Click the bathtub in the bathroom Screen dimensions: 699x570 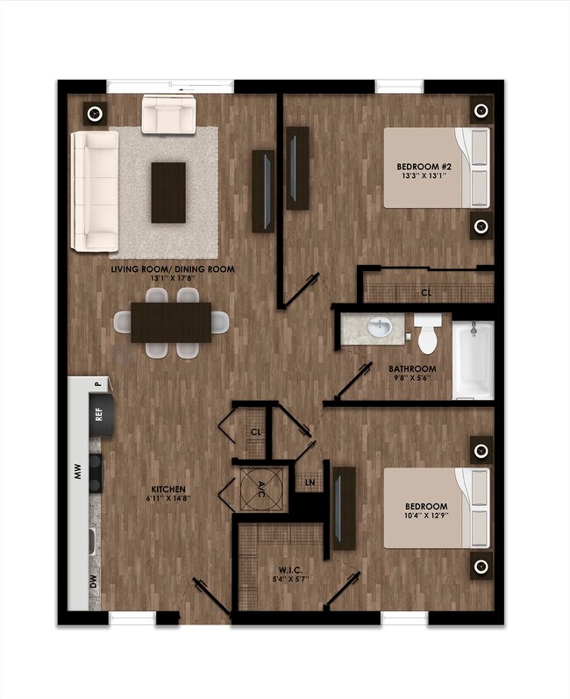[474, 360]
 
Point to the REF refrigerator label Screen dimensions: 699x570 [98, 411]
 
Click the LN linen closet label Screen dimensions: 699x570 [310, 483]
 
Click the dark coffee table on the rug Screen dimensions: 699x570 [168, 191]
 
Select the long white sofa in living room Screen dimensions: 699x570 [95, 190]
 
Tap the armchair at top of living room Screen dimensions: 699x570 [168, 115]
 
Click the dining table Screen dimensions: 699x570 [171, 322]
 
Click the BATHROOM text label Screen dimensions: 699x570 [412, 369]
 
